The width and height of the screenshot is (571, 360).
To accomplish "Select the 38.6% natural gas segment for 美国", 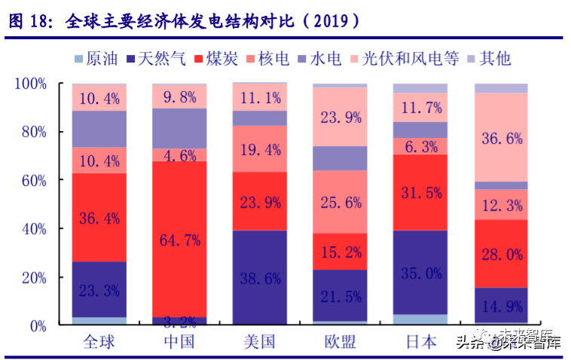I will click(x=260, y=278).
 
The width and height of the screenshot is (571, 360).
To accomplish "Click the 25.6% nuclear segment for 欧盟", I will click(x=340, y=202).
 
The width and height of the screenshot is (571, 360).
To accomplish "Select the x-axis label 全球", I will click(x=99, y=343).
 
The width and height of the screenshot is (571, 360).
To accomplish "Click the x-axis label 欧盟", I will click(x=340, y=343).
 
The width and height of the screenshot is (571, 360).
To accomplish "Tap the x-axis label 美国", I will click(x=260, y=343).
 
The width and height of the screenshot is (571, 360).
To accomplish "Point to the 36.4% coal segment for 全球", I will click(x=99, y=218).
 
